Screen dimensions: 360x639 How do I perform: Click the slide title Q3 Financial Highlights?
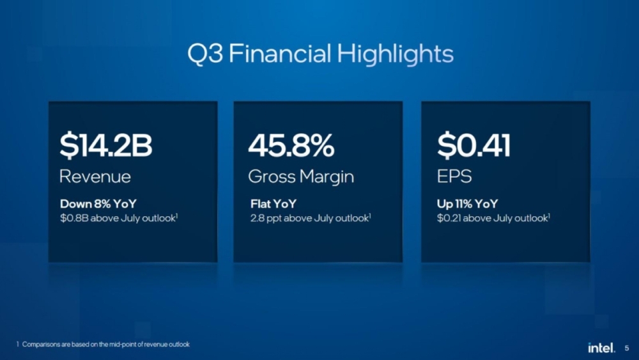click(x=320, y=54)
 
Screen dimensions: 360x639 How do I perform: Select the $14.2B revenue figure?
click(x=105, y=146)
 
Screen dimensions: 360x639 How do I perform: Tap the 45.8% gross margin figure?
click(x=291, y=146)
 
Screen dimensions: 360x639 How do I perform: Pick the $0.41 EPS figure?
click(x=473, y=146)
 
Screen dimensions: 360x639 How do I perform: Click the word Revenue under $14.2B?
click(x=95, y=176)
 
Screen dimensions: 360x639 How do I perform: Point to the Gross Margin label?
click(x=300, y=176)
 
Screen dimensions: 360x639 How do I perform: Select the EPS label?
click(x=454, y=176)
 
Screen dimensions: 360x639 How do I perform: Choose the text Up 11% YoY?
click(x=467, y=205)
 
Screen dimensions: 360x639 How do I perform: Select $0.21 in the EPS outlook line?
click(x=449, y=219)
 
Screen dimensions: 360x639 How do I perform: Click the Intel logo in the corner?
click(x=601, y=347)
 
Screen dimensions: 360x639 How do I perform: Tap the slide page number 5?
click(x=626, y=348)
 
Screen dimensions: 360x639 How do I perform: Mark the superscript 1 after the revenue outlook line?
click(x=176, y=216)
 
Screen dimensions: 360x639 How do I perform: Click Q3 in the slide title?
click(x=204, y=54)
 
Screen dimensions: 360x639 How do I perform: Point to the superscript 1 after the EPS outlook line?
click(x=550, y=216)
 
